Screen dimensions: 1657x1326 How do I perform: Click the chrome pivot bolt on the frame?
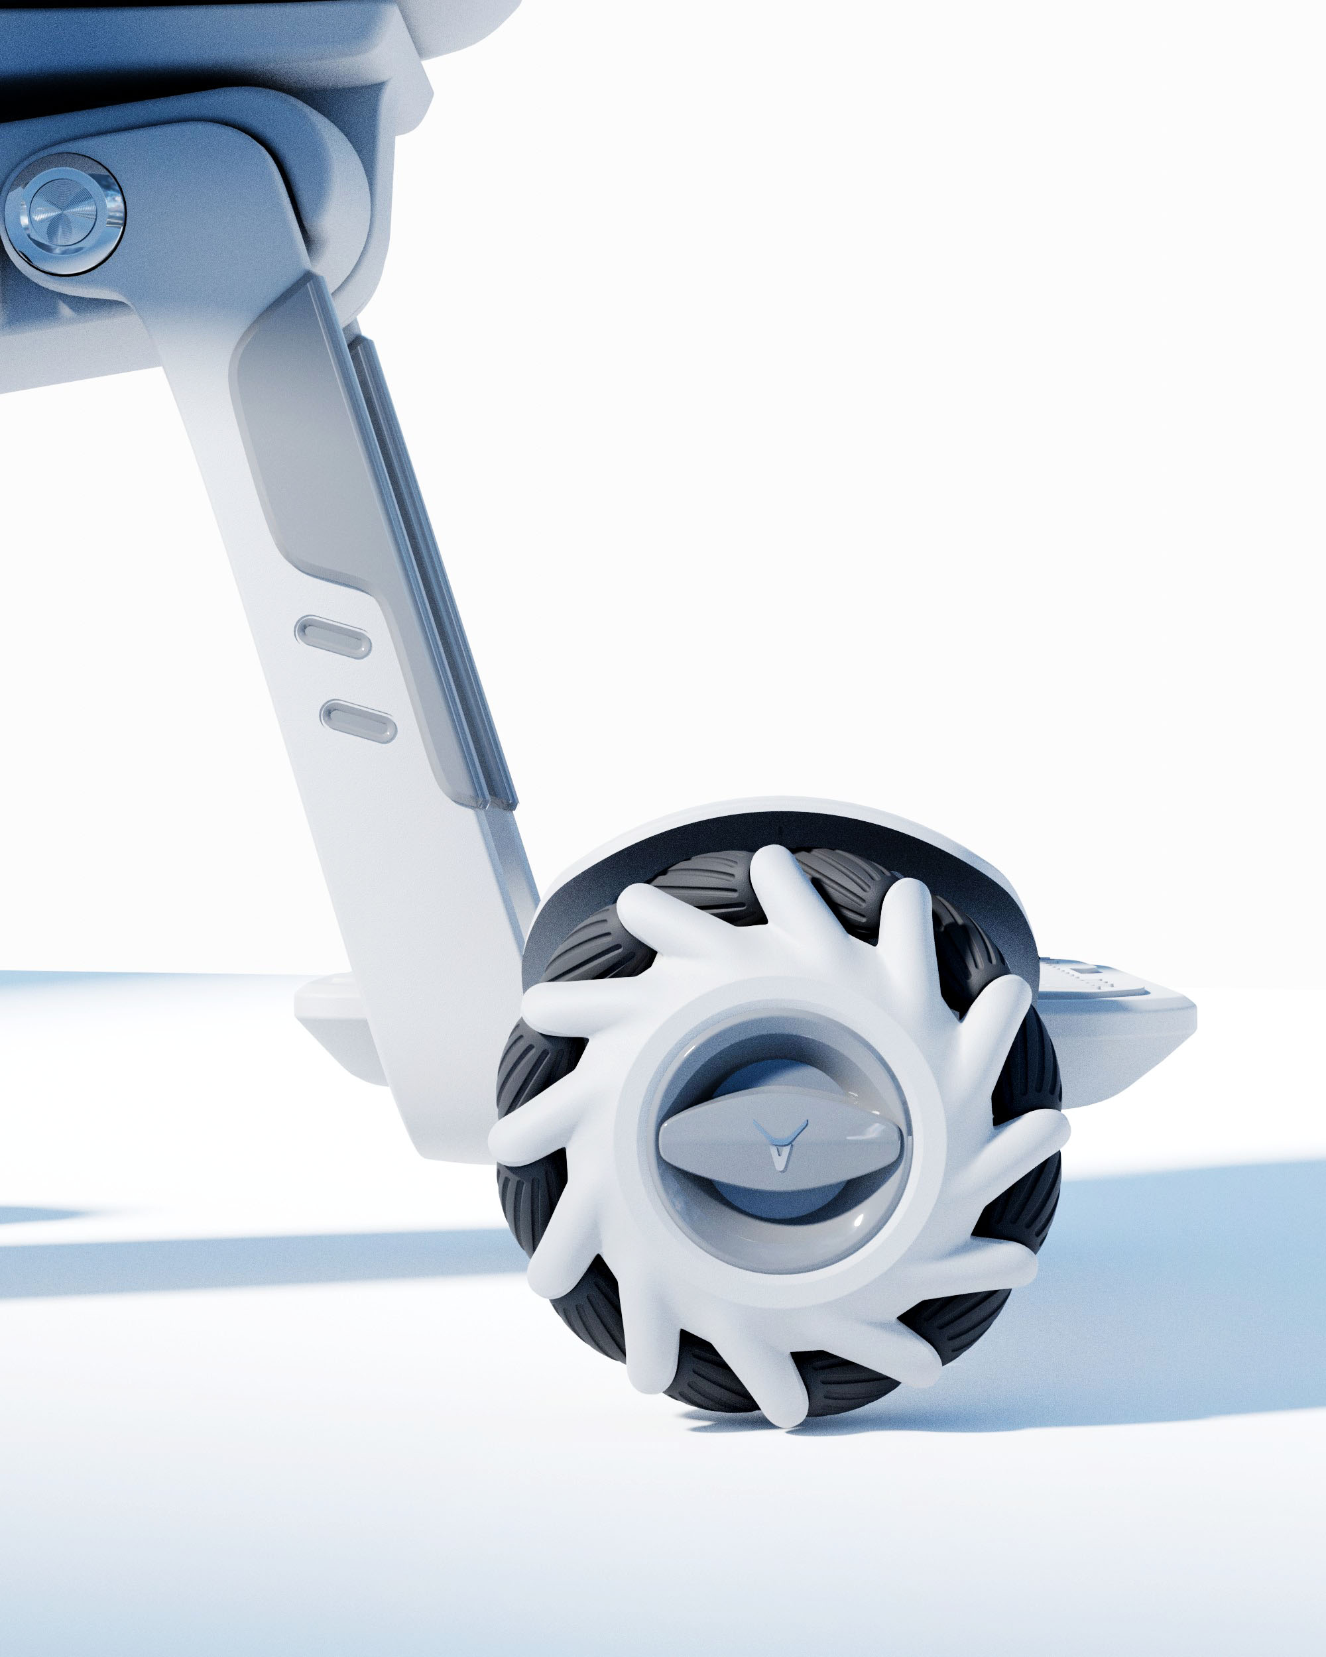63,213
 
